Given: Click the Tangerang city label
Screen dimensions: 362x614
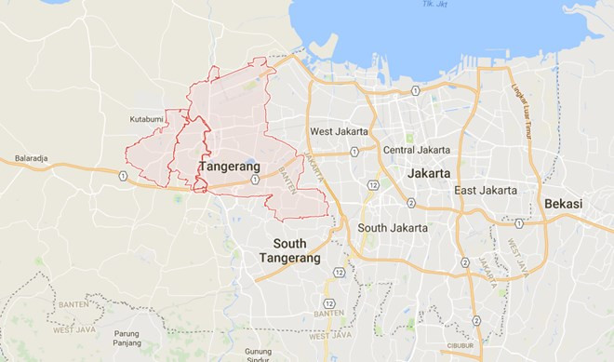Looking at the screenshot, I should (229, 165).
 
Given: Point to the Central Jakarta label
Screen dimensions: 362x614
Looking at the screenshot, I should (418, 150).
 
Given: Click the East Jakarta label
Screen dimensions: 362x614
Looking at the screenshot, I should (486, 190).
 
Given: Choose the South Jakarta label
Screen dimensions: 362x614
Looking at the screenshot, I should (394, 227).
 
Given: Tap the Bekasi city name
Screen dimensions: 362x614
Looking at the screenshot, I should (568, 203).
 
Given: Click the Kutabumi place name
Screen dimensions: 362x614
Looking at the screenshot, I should (147, 119).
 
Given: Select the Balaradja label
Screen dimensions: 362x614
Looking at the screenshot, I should (34, 158).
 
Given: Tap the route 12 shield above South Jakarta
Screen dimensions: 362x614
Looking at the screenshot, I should (372, 186).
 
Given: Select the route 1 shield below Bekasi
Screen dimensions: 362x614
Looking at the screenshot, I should (519, 223).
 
